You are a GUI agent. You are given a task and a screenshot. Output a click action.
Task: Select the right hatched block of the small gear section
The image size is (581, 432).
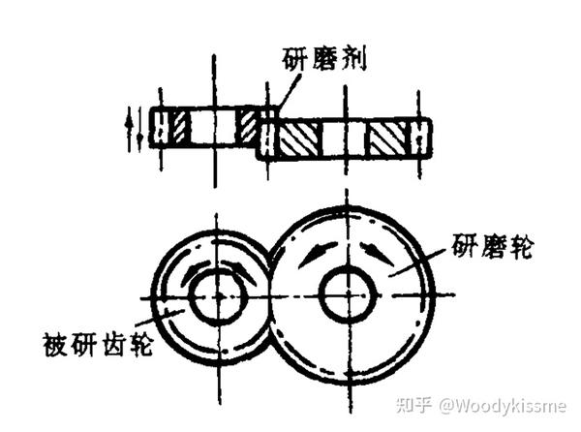coord(248,126)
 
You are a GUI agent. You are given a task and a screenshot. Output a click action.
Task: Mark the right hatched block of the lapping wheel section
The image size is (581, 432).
coord(390,139)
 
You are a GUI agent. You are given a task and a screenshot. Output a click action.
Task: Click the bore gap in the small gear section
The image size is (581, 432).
coord(213,126)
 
